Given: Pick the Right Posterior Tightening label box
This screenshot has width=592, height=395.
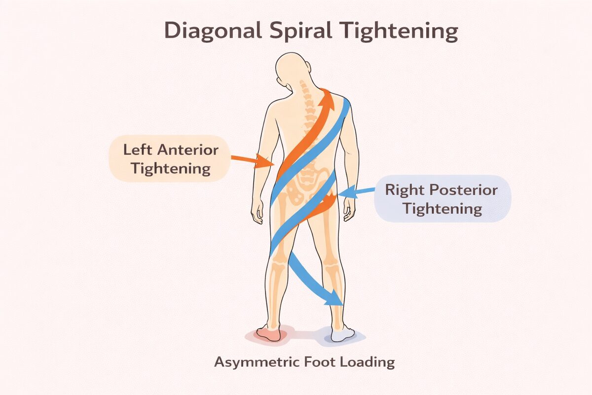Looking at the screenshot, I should click(x=442, y=198).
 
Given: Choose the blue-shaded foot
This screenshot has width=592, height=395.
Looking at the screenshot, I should click(x=343, y=334).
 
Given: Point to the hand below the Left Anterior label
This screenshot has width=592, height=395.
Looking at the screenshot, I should click(x=257, y=213).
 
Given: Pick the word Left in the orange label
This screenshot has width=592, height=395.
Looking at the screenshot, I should click(x=136, y=149).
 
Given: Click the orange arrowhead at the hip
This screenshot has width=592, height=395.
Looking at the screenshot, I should click(x=329, y=200).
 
